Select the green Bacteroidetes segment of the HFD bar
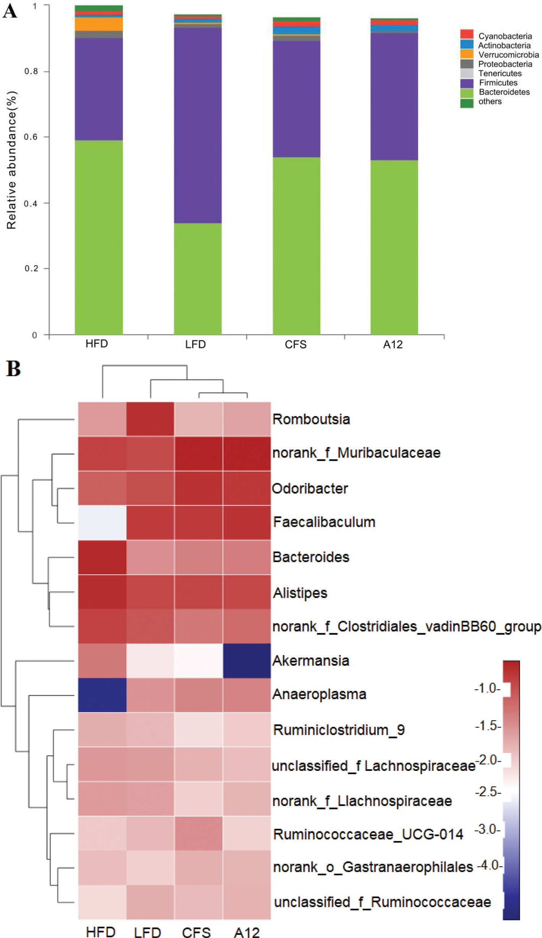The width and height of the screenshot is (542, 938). point(99,237)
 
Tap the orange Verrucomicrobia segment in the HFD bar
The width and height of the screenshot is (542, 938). point(99,24)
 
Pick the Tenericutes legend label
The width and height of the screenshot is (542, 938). point(500,73)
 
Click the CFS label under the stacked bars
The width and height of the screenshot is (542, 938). point(295,345)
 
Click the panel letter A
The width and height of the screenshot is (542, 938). point(10,11)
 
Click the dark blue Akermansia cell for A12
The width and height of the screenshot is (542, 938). point(247,661)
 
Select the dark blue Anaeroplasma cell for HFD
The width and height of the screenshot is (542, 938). point(102,695)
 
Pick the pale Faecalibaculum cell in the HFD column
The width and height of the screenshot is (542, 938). point(102,523)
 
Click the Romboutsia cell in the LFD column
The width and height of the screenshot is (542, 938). point(150,419)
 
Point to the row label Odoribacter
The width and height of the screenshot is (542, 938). point(310,489)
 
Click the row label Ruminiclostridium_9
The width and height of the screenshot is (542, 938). point(339,730)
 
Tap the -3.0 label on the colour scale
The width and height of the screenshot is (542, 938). point(487,829)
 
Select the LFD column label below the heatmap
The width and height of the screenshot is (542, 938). point(148,932)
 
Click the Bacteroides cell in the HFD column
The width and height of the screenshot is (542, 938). point(102,557)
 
